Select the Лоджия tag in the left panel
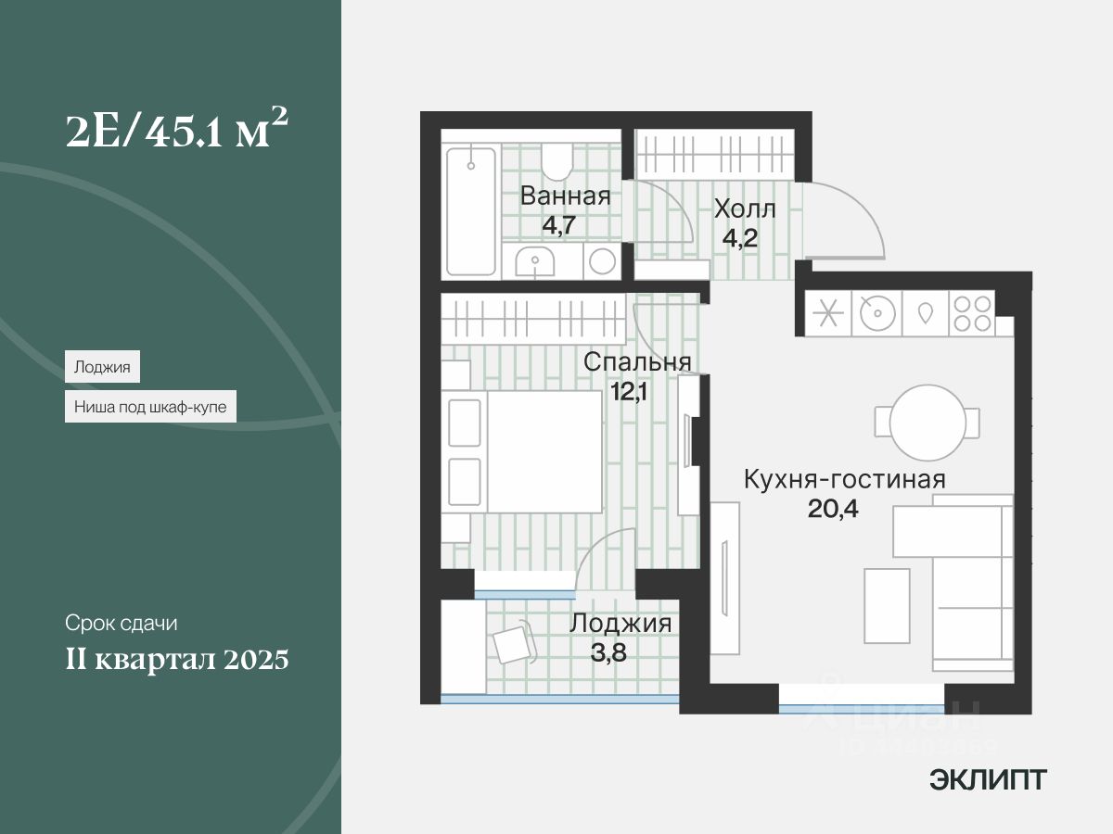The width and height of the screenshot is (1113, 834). click(x=102, y=367)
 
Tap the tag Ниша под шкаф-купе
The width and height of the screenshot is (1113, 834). click(x=150, y=406)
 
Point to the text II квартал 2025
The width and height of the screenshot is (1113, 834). click(x=176, y=660)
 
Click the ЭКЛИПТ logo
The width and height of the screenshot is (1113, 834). click(x=988, y=780)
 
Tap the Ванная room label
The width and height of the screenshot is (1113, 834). click(x=565, y=196)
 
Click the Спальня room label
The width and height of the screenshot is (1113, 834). click(x=637, y=362)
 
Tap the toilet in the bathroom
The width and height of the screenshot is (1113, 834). click(x=557, y=161)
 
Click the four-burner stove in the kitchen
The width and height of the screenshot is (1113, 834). click(x=972, y=313)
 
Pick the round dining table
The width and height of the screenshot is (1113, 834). click(x=927, y=422)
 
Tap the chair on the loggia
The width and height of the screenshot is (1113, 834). click(x=512, y=643)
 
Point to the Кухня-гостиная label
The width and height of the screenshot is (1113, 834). click(x=844, y=480)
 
